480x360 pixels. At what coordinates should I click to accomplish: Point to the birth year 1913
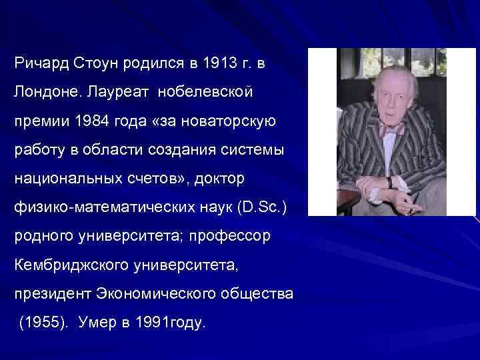click(219, 65)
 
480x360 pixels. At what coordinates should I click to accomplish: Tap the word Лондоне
click(45, 93)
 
